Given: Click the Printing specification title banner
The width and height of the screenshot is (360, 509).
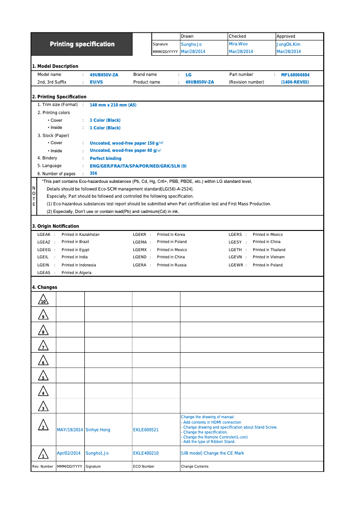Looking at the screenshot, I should click(82, 44).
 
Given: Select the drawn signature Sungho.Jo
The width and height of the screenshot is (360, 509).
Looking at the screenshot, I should click(191, 44).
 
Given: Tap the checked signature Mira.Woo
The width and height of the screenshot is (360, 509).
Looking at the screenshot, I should click(238, 44).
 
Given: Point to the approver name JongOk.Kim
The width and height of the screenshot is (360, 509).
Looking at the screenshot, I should click(289, 44).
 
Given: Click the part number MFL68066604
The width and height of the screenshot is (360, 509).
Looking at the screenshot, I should click(295, 75).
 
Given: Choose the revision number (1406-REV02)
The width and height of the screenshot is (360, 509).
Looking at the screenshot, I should click(295, 82).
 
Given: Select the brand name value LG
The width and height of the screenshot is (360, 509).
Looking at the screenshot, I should click(189, 75).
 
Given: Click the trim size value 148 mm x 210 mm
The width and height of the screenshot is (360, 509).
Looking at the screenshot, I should click(113, 105).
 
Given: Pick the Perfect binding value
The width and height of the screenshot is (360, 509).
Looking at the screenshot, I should click(105, 159).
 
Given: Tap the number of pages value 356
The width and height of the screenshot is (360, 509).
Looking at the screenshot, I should click(93, 173).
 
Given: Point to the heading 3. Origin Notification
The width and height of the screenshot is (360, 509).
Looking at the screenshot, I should click(55, 226).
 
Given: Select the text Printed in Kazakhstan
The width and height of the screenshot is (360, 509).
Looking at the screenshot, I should click(80, 235).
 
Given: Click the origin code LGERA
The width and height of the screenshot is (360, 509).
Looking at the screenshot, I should click(140, 265).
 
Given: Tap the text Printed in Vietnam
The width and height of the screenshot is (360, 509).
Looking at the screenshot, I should click(268, 257).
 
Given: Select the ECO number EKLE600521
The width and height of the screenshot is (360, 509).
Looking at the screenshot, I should click(146, 430).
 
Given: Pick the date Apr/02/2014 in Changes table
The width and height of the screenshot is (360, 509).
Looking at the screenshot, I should click(69, 453).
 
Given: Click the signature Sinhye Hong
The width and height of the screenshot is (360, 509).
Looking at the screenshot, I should click(98, 430).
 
